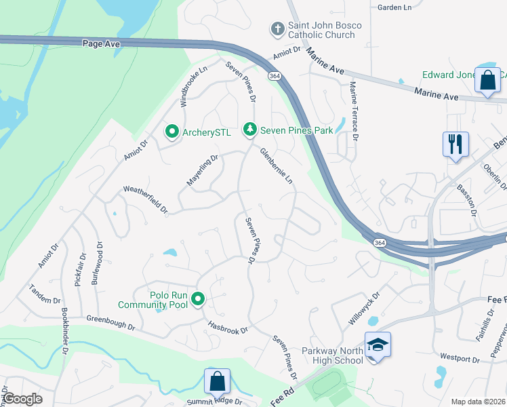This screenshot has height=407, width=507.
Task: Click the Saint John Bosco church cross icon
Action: (277, 29)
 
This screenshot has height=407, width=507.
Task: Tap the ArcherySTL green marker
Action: (172, 132)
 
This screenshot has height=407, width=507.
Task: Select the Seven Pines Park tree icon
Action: (250, 129)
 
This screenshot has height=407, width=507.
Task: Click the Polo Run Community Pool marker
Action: (199, 298)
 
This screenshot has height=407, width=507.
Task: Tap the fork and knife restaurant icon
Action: (455, 144)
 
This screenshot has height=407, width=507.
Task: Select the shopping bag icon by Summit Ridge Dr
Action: (217, 381)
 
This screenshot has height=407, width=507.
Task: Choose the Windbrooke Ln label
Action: (193, 86)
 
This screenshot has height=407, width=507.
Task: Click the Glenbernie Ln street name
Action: (277, 167)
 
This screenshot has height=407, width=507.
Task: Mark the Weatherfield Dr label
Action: (144, 200)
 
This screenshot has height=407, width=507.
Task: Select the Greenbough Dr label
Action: (110, 322)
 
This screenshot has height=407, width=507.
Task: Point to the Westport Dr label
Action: (459, 355)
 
